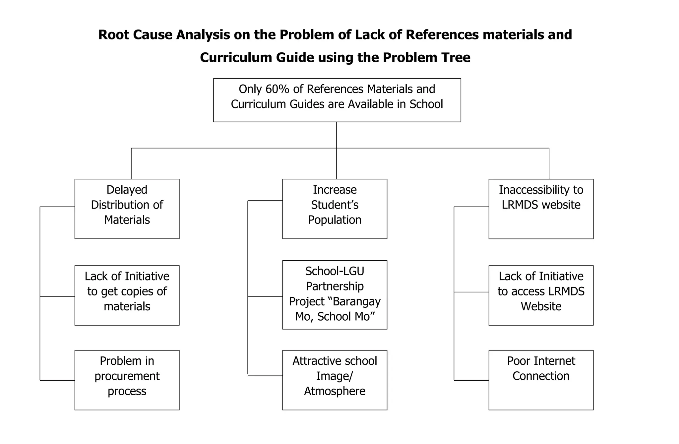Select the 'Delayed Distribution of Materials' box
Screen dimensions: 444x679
coord(127,209)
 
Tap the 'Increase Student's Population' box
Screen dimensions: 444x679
coord(335,209)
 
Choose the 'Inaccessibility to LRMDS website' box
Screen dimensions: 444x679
coord(541,209)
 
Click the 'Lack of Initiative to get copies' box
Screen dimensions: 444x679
coord(127,295)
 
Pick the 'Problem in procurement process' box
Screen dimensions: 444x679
coord(127,380)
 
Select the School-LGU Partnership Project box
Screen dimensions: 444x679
coord(335,295)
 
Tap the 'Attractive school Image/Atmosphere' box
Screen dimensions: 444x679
coord(335,380)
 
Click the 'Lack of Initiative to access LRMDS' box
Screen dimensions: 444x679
coord(541,295)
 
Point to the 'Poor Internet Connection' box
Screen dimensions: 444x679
coord(541,380)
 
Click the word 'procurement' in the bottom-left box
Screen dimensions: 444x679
coord(127,376)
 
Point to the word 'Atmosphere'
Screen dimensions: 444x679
coord(335,391)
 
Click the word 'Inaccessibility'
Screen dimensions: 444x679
coord(530,190)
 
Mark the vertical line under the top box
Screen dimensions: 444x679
coord(337,134)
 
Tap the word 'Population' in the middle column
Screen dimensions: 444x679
coord(335,220)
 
